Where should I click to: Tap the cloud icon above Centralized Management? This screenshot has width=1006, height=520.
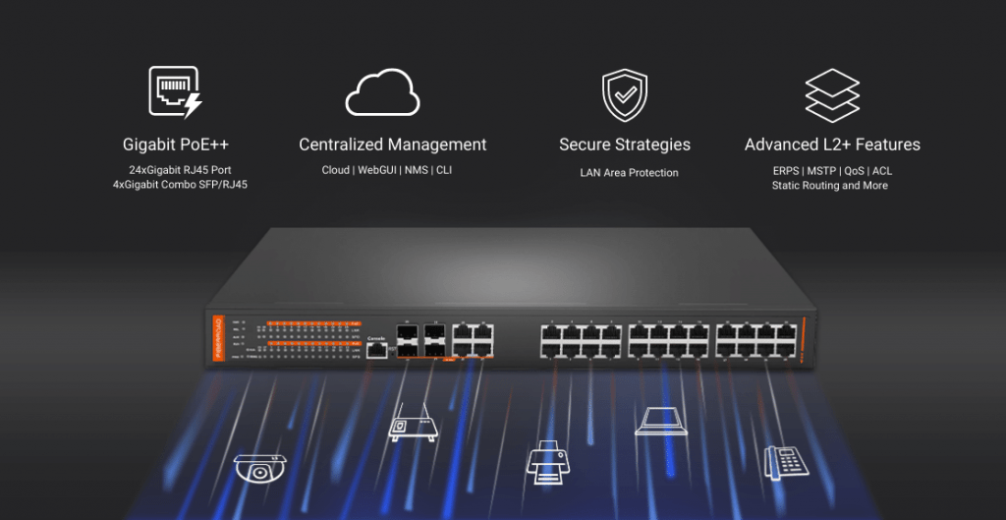tap(382, 93)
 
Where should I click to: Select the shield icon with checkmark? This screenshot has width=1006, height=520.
tap(625, 94)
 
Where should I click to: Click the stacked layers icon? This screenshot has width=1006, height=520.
tap(831, 94)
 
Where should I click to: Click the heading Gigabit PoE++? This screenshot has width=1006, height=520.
tap(177, 144)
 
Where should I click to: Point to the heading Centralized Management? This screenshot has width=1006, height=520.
tap(393, 144)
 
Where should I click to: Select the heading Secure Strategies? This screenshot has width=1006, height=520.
tap(625, 144)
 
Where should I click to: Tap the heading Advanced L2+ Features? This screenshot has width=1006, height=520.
tap(832, 144)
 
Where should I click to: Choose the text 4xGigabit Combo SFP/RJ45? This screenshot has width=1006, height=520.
tap(180, 185)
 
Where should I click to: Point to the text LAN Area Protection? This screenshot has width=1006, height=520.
tap(629, 173)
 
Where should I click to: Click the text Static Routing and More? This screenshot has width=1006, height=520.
tap(830, 185)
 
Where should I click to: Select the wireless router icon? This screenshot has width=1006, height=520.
tap(410, 420)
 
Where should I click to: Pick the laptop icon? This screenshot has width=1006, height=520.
tap(660, 421)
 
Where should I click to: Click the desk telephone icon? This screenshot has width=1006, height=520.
tap(785, 461)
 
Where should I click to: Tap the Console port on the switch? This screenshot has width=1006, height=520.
tap(374, 350)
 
